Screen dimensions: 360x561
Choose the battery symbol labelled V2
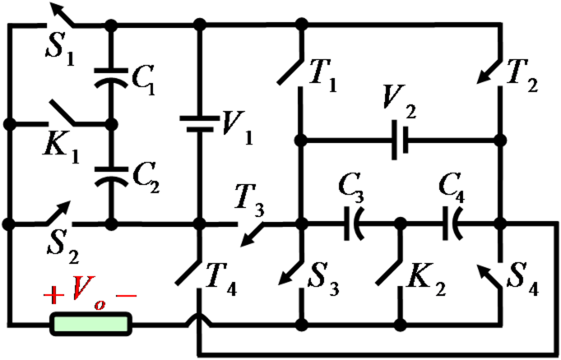pyautogui.click(x=400, y=141)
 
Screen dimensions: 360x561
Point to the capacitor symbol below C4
pyautogui.click(x=452, y=223)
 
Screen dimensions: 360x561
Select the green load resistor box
pyautogui.click(x=90, y=322)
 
